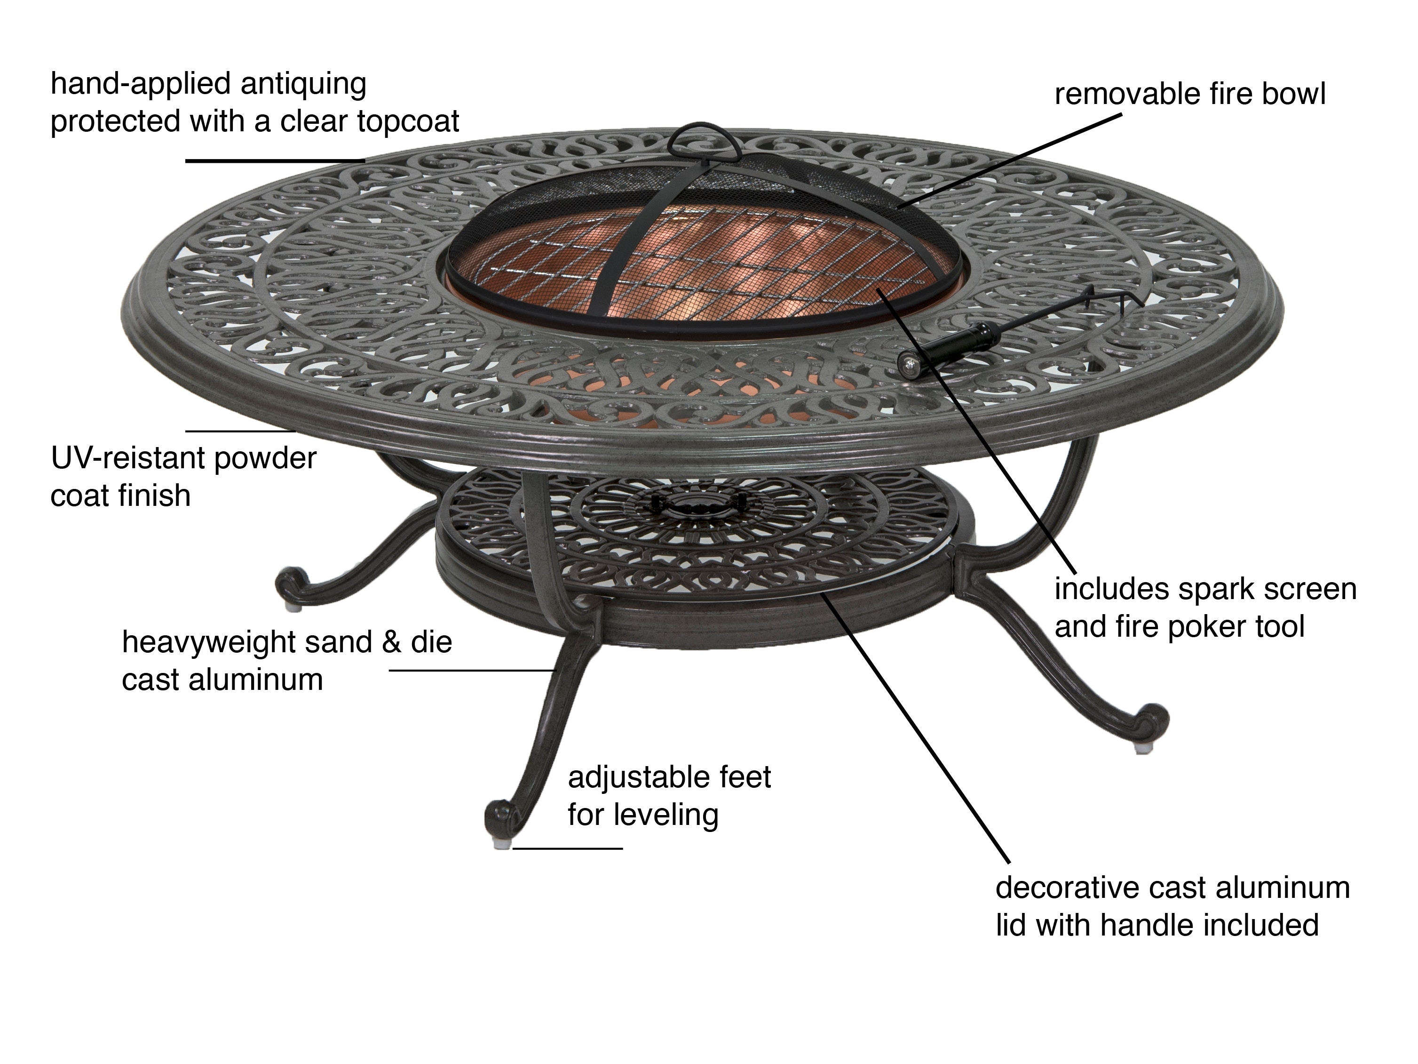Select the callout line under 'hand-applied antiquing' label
point(276,160)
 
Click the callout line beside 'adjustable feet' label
point(568,848)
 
